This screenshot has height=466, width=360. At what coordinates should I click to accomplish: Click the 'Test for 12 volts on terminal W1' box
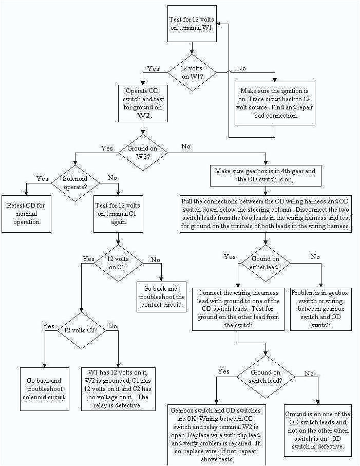191,24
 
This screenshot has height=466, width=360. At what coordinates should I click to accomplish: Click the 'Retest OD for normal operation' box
26,213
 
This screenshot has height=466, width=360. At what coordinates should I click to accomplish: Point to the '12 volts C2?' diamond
81,330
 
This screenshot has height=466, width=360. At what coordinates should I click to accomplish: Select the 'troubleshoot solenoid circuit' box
44,389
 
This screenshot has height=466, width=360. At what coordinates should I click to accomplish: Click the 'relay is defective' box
119,389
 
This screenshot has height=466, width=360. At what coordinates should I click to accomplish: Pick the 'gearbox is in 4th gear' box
266,175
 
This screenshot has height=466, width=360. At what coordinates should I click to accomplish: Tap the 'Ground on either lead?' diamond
265,263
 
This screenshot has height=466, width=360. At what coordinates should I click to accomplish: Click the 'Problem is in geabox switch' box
321,309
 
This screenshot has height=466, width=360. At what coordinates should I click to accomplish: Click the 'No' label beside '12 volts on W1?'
240,68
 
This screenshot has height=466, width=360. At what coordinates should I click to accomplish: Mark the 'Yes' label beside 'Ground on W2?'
107,148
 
